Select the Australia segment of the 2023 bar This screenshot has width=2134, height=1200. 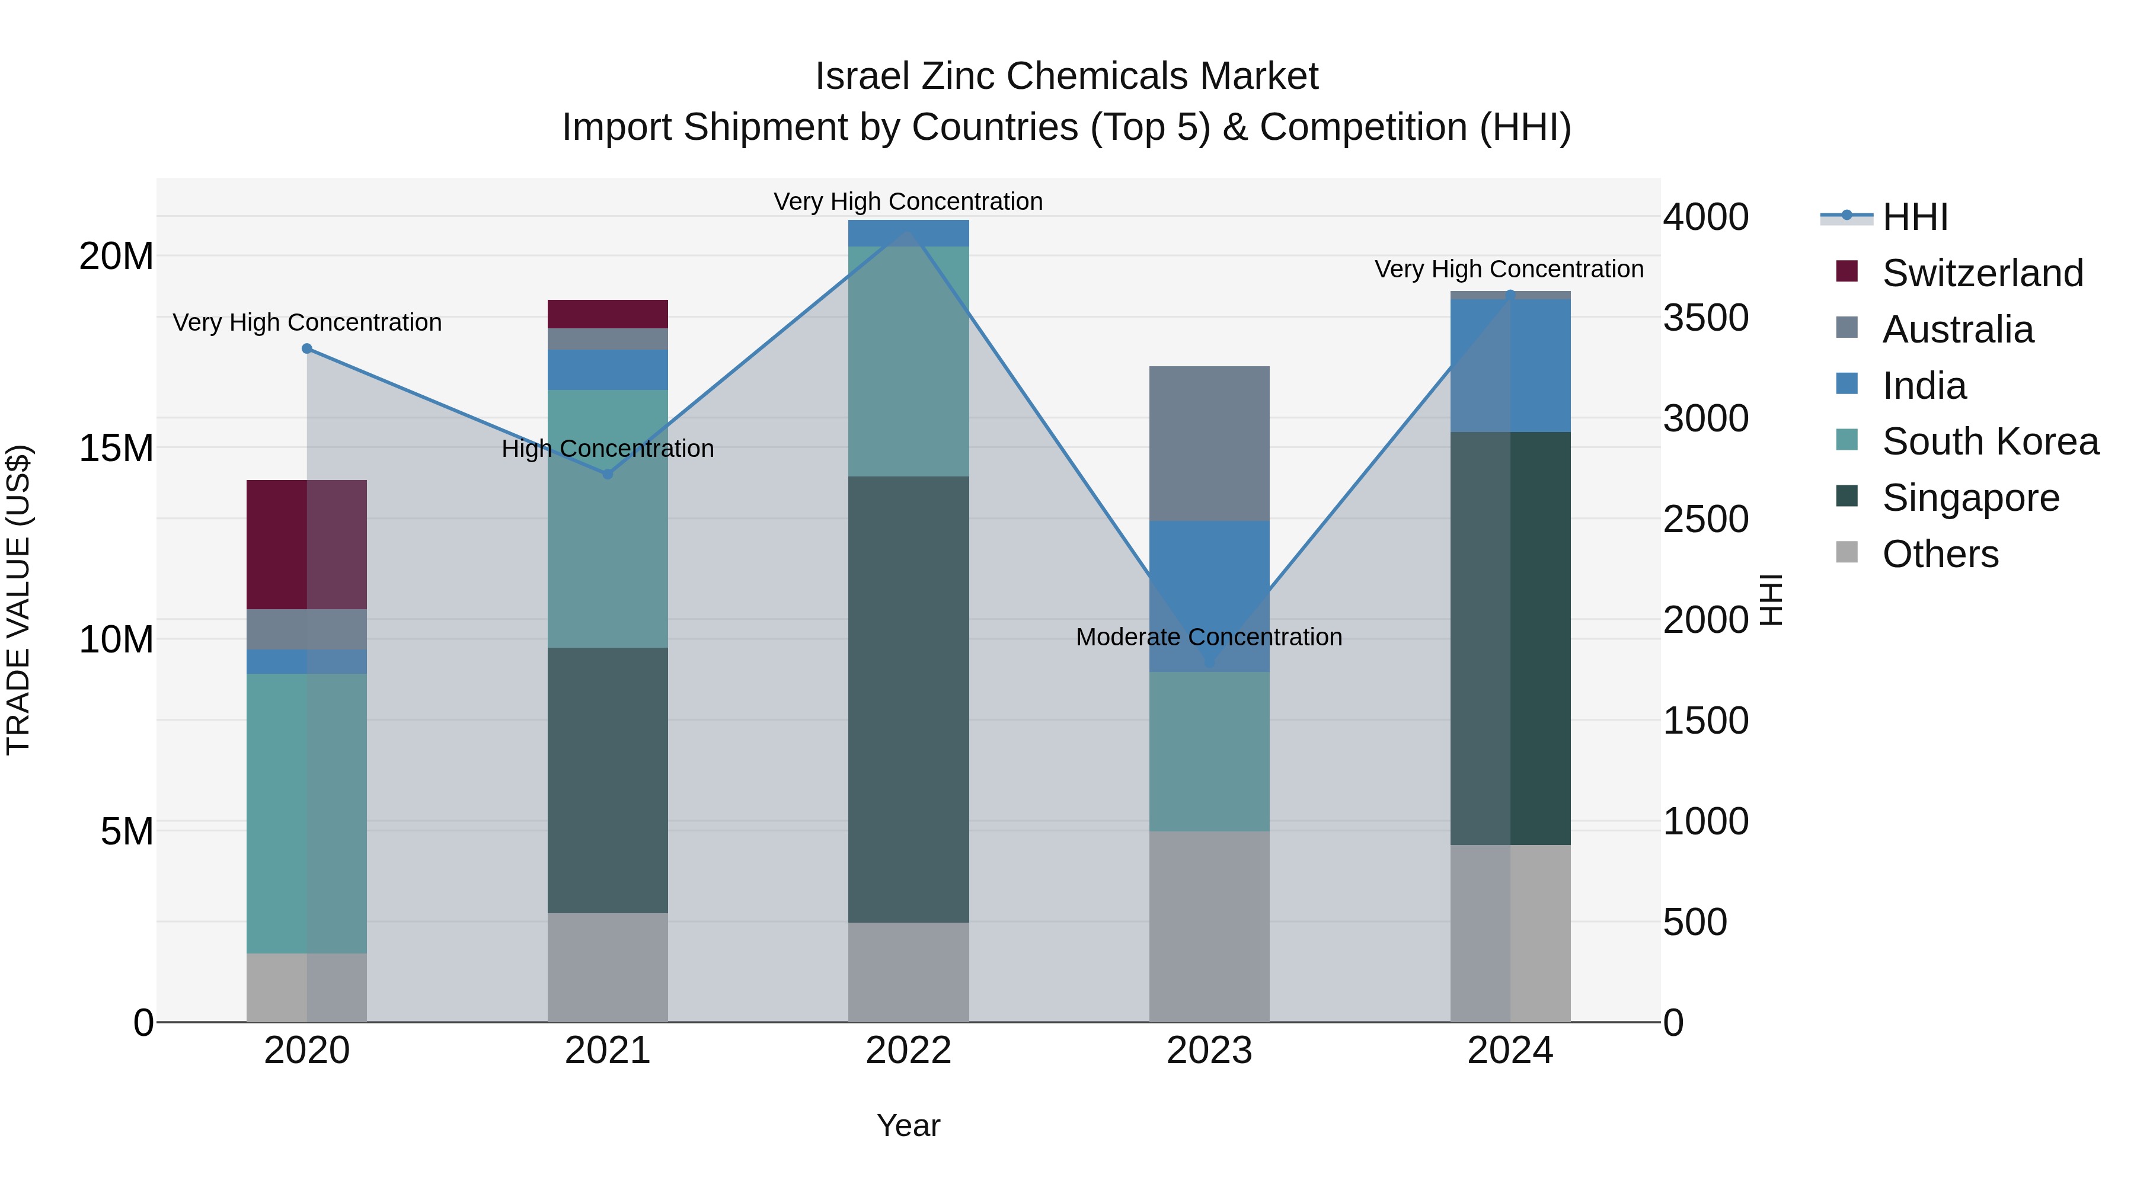tap(1209, 443)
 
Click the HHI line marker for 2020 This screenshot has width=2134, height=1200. tap(306, 348)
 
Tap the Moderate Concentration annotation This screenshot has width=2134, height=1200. tap(1209, 637)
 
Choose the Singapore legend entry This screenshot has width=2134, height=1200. tap(1969, 498)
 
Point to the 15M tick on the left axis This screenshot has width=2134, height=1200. tap(116, 448)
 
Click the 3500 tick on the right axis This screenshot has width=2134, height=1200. tap(1705, 318)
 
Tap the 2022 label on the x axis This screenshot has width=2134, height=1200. tap(908, 1051)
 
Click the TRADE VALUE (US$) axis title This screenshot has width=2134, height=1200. tap(18, 600)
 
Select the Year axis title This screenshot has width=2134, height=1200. tap(908, 1125)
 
